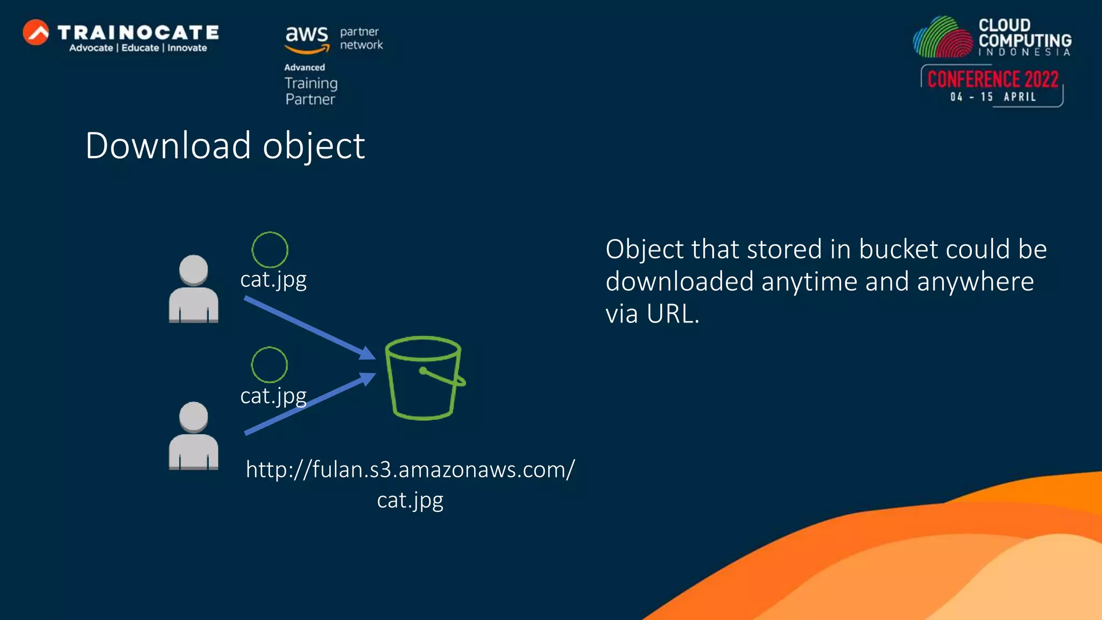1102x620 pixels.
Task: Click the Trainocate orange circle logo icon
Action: pos(36,32)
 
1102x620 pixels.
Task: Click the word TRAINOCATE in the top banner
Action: pos(138,32)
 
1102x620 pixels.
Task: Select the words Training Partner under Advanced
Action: pos(311,91)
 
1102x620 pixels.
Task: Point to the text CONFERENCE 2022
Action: pos(993,79)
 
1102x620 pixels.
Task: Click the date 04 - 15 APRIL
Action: pos(993,97)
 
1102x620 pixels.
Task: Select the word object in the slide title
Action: pos(314,146)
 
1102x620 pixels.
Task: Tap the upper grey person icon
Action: pos(194,289)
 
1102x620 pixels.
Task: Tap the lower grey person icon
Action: pos(194,436)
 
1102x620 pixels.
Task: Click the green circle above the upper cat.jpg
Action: pos(270,250)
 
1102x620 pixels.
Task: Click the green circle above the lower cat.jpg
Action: pos(269,365)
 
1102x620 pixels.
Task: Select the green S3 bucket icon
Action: pos(424,378)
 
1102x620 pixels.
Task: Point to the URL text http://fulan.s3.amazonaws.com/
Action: pos(410,469)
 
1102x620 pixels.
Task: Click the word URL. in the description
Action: pos(673,314)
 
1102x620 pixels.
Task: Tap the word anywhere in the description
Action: pos(975,281)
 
